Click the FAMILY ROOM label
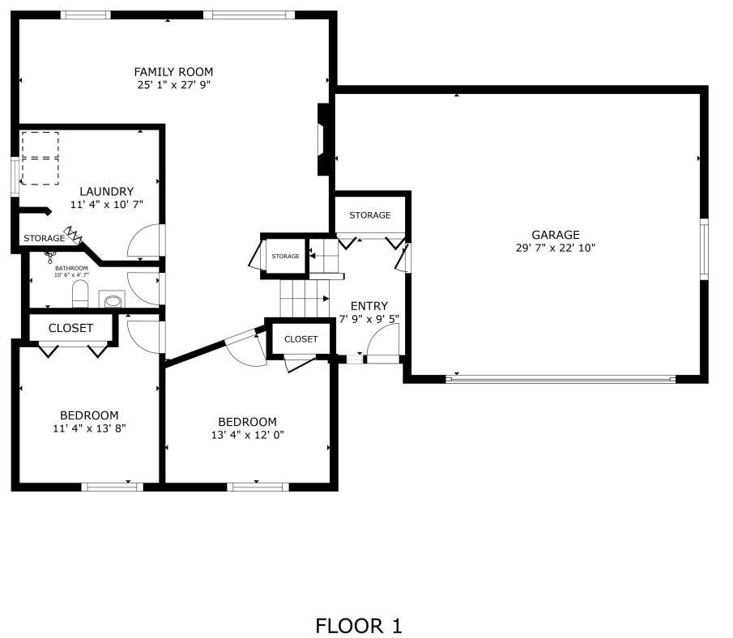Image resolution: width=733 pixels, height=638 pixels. pyautogui.click(x=173, y=72)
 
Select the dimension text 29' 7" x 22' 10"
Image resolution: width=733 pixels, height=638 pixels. pyautogui.click(x=556, y=248)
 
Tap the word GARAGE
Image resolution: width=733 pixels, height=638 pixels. pyautogui.click(x=556, y=235)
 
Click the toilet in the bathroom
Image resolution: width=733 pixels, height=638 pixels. pyautogui.click(x=80, y=294)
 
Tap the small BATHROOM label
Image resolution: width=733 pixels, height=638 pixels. pyautogui.click(x=71, y=268)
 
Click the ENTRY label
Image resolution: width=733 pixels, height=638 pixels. pyautogui.click(x=369, y=306)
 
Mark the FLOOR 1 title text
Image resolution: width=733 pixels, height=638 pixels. pyautogui.click(x=358, y=626)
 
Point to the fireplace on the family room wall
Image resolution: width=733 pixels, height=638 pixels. pyautogui.click(x=324, y=139)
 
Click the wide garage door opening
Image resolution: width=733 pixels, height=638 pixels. pyautogui.click(x=560, y=378)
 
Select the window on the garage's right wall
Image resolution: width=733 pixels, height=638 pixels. pyautogui.click(x=704, y=249)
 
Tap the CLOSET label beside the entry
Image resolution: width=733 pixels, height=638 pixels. pyautogui.click(x=300, y=339)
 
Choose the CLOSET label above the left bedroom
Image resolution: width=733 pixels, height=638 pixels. pyautogui.click(x=70, y=328)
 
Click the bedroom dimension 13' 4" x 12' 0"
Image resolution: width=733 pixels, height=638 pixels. pyautogui.click(x=247, y=435)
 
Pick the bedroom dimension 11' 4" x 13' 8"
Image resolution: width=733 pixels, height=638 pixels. pyautogui.click(x=89, y=428)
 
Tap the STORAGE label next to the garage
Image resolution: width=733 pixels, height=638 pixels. pyautogui.click(x=369, y=215)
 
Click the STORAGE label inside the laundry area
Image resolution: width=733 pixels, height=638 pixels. pyautogui.click(x=44, y=239)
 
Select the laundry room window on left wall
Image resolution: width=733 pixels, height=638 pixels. pyautogui.click(x=15, y=177)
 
